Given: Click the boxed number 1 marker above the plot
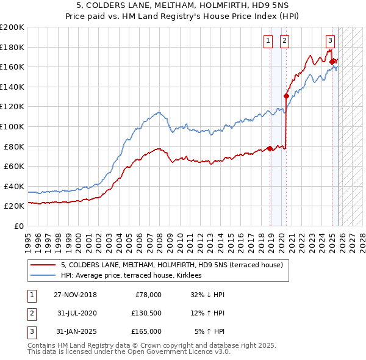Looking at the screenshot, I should (268, 41).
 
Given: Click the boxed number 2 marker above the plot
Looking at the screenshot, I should (284, 41).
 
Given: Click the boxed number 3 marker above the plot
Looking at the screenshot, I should (330, 41).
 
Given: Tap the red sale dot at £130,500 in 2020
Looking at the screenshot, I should (286, 96).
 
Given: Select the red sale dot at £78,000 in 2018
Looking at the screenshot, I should (270, 148).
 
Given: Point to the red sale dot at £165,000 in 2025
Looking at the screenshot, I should (332, 61).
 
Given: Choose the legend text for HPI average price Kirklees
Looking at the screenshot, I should (135, 276).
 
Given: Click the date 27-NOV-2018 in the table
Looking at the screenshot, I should (75, 295).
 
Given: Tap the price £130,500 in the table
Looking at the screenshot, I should (146, 313).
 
